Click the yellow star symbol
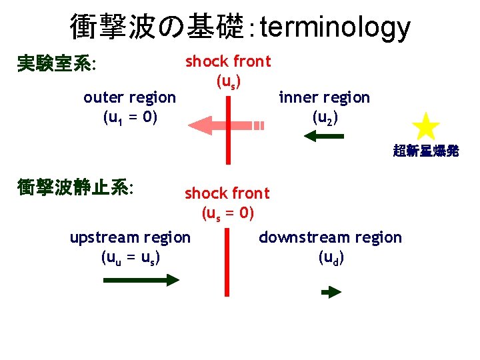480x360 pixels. pos(425,127)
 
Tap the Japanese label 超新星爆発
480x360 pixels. pos(425,151)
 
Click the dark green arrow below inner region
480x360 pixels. pos(324,136)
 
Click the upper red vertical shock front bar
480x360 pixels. pos(228,127)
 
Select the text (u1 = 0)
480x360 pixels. pos(130,118)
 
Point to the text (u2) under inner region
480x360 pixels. pos(325,118)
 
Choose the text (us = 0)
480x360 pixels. pos(227,214)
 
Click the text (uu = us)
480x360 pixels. pos(130,257)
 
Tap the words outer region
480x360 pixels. pos(129,97)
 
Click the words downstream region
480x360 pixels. pos(330,237)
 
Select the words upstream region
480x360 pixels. pos(130,237)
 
